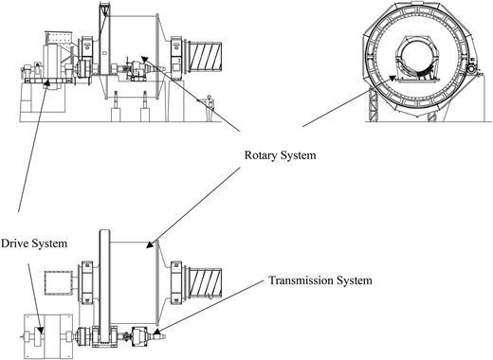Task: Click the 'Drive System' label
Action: point(34,243)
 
